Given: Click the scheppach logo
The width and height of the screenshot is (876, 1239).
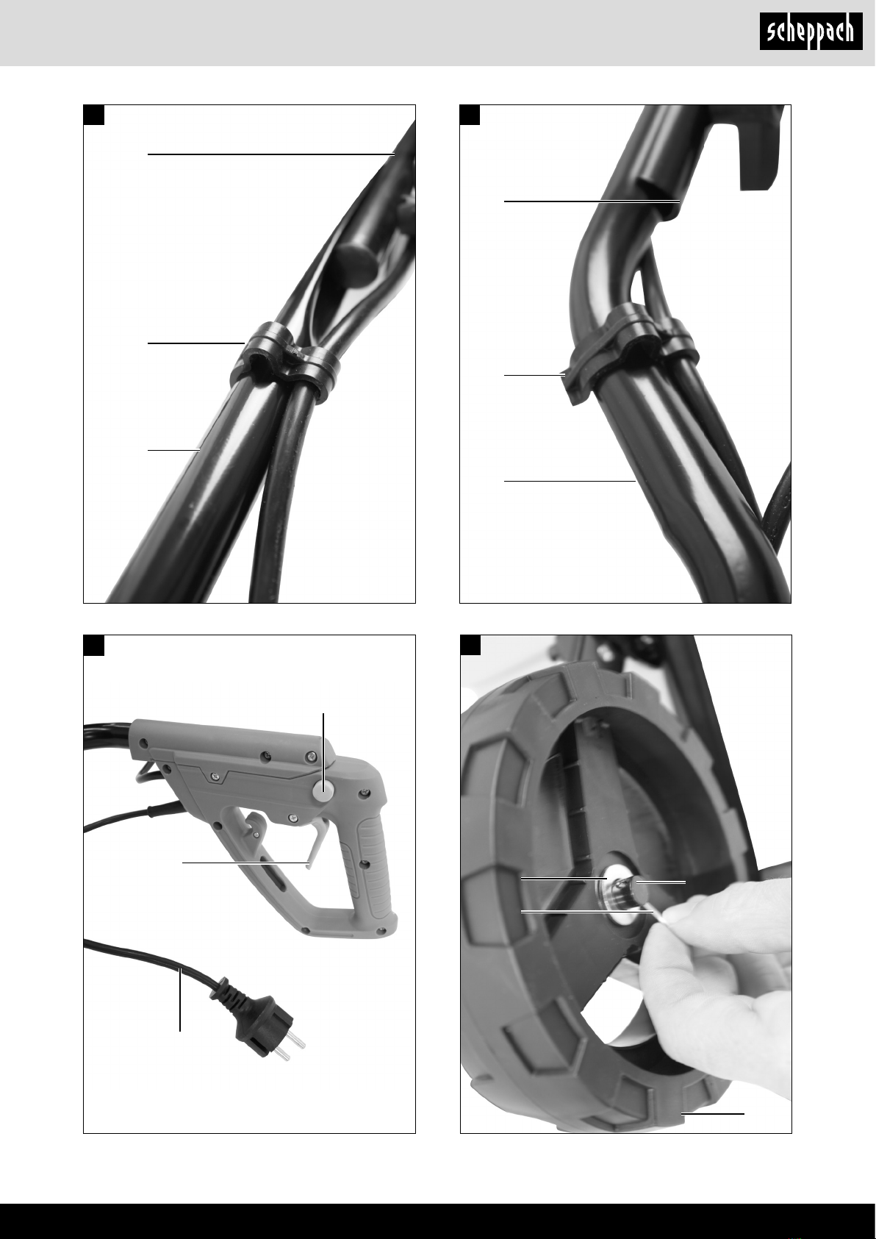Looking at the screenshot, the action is coord(811,32).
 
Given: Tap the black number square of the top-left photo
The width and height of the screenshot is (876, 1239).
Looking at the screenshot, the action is coord(94,115).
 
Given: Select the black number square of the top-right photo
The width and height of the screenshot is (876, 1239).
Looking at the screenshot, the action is coord(470,115).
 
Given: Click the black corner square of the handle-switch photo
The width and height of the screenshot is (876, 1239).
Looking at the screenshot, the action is coord(94,646).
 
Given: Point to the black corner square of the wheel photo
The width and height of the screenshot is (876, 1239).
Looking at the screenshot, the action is coord(470,646).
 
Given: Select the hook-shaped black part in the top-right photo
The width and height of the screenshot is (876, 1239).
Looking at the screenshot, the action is coord(760,146).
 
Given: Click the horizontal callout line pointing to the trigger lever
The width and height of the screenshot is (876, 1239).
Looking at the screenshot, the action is coord(245,862).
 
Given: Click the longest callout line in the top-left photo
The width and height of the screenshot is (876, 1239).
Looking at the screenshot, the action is coord(271,154).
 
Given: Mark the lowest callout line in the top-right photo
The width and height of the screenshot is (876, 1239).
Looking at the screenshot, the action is coord(570,481).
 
